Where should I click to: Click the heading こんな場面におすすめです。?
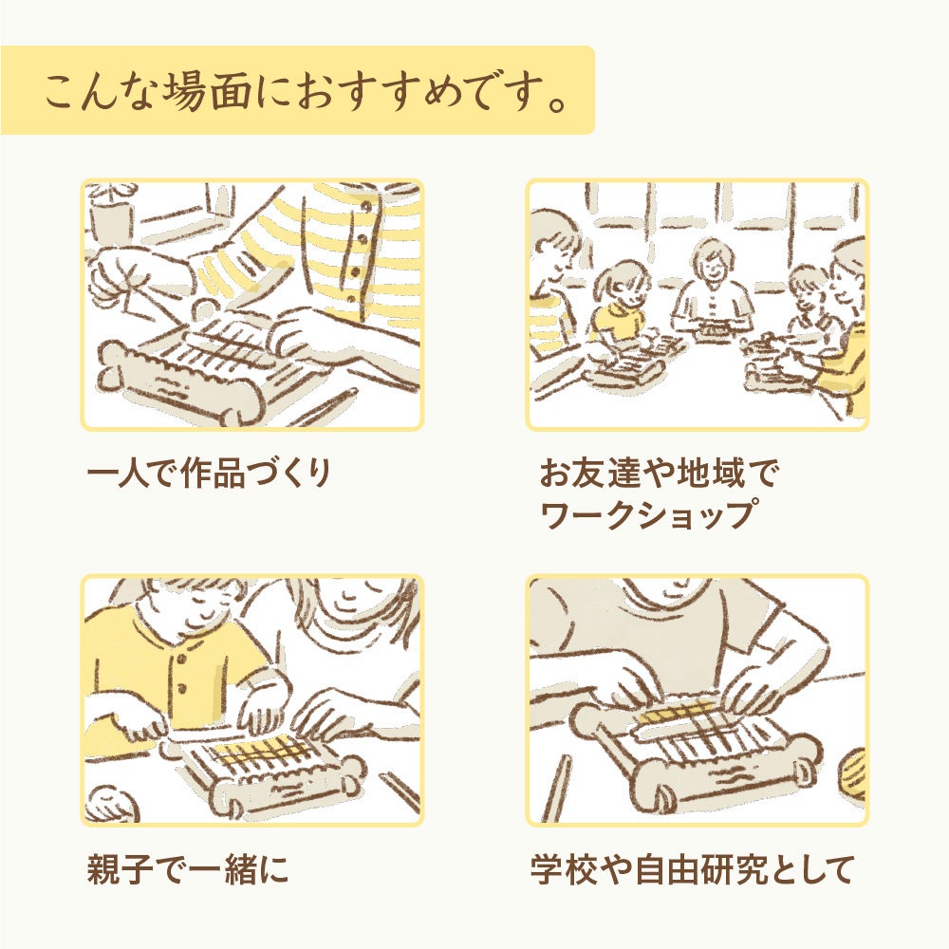coord(306,92)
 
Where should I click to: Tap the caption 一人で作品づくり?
coord(210,473)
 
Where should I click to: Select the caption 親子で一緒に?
coord(188,869)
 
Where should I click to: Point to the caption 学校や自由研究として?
coord(693,869)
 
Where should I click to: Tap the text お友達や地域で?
coord(658,473)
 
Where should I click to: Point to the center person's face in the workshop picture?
coord(711,263)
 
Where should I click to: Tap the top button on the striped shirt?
coord(365,206)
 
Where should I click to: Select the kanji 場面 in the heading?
coord(203,92)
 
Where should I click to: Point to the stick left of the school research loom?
coord(557,787)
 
